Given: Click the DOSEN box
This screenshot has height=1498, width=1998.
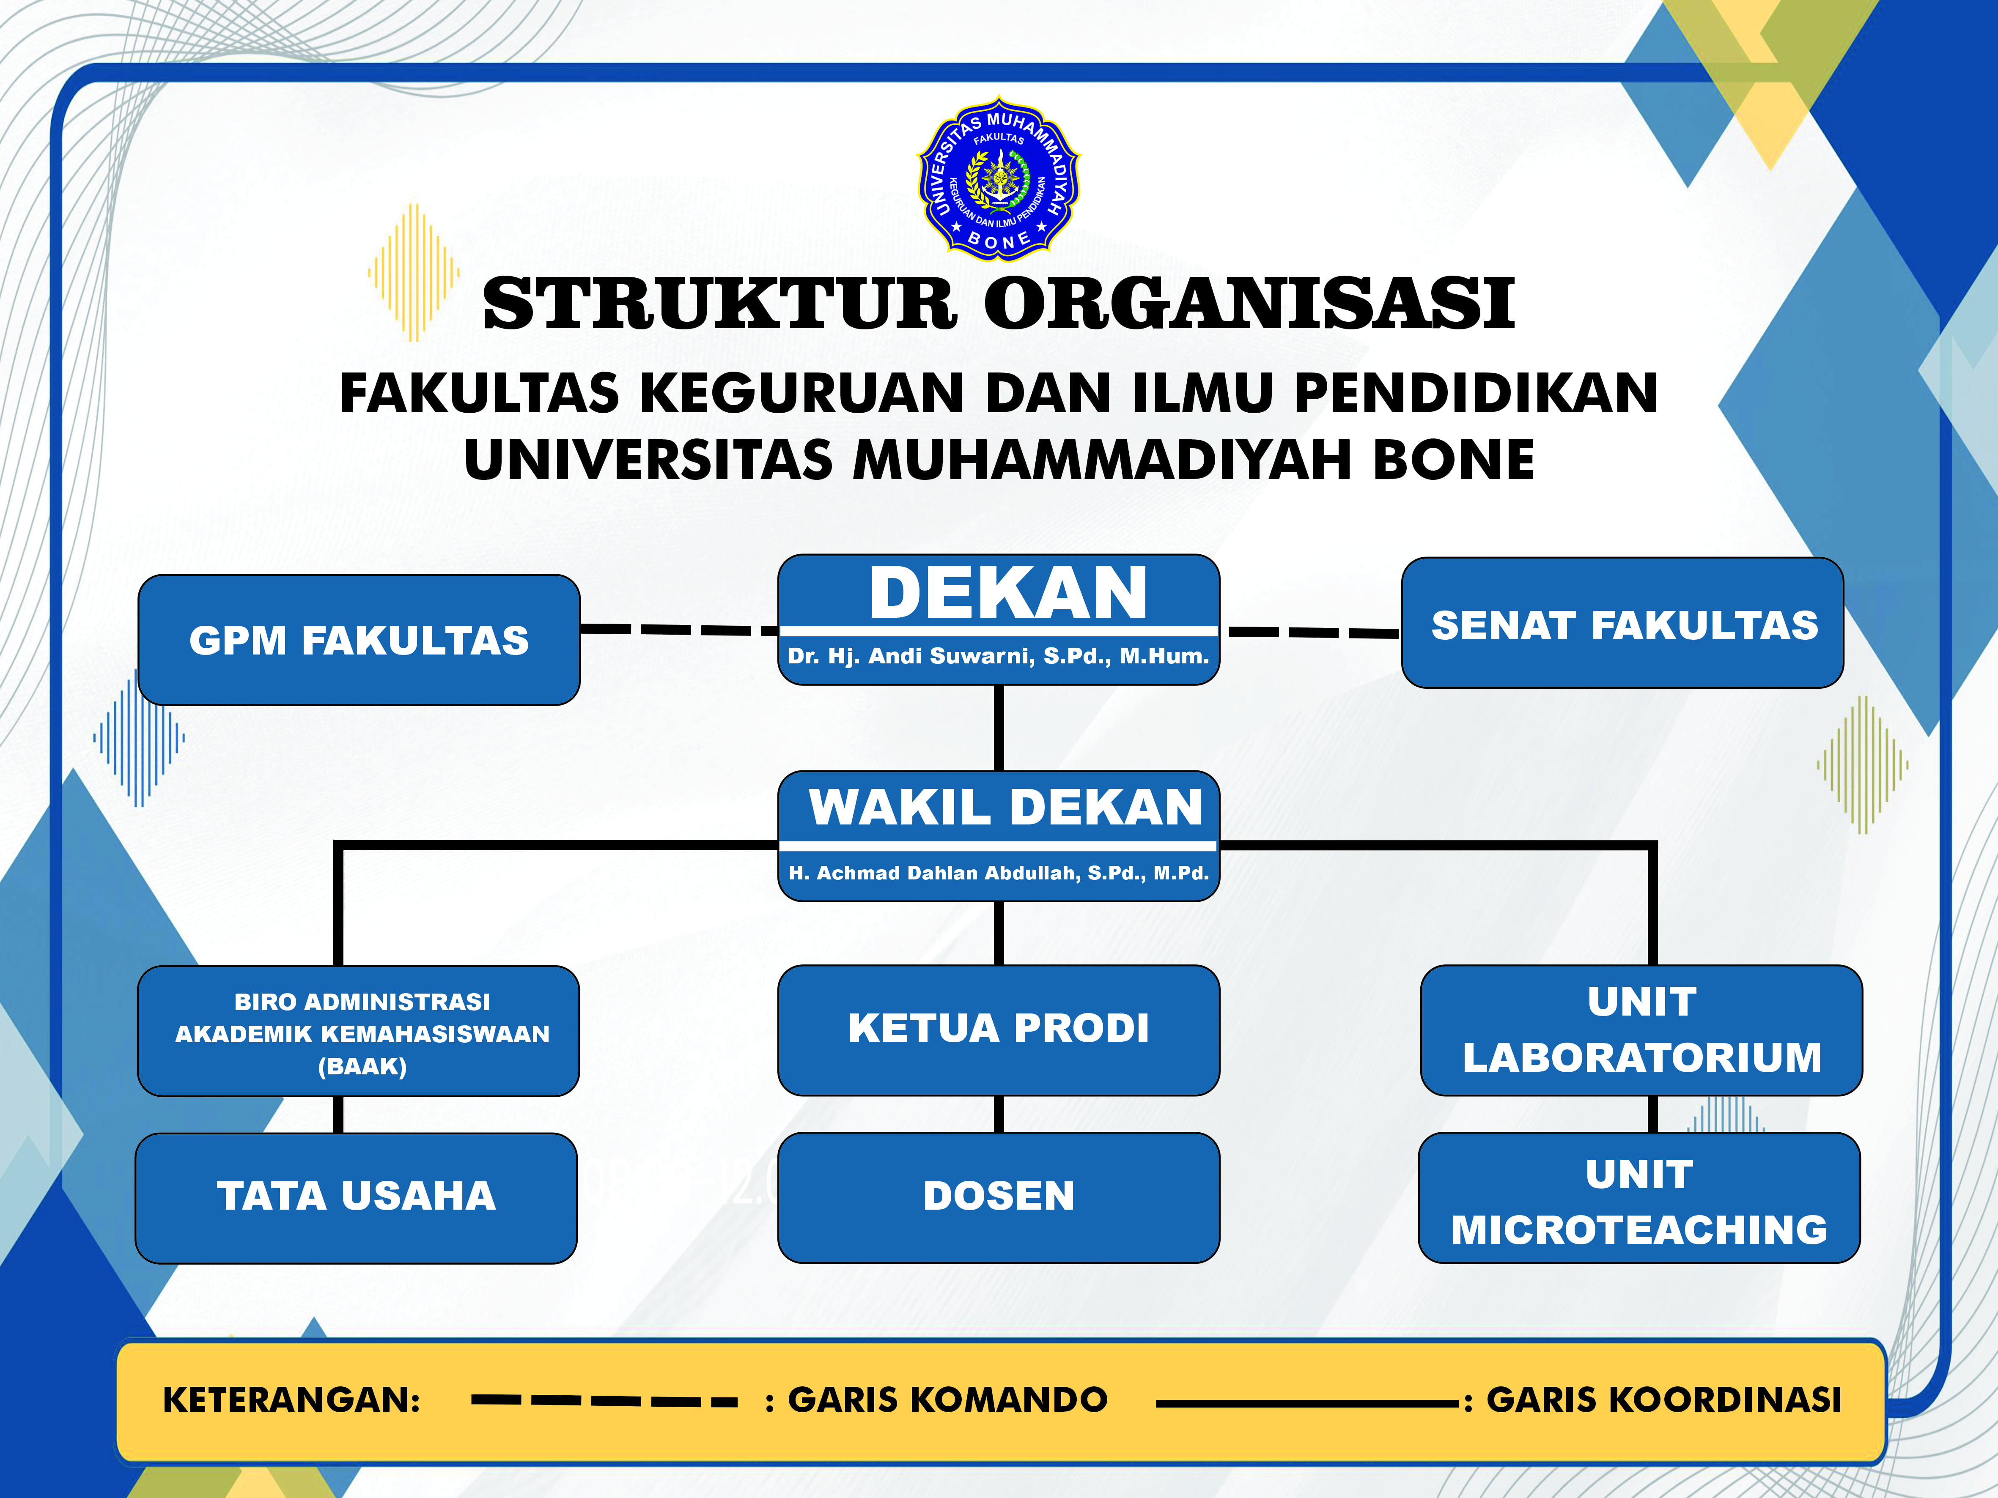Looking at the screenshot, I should (x=998, y=1197).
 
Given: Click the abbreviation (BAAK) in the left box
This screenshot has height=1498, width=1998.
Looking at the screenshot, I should (x=362, y=1066).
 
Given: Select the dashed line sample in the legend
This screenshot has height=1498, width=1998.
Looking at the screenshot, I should (x=604, y=1401).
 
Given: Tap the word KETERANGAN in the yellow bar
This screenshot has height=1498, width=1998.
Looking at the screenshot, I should (x=291, y=1399).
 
